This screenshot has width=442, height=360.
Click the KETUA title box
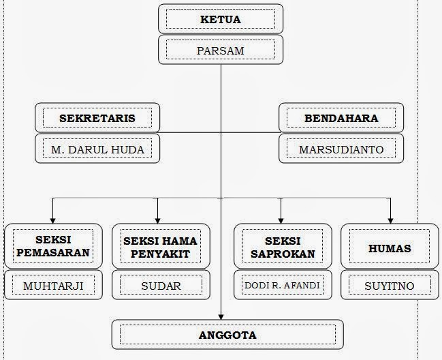click(x=220, y=20)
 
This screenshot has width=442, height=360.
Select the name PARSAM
click(x=220, y=50)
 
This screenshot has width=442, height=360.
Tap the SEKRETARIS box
click(x=97, y=118)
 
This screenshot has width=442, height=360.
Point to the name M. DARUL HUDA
click(x=97, y=149)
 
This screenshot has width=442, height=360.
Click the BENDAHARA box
click(x=341, y=118)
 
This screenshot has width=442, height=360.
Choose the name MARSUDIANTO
click(x=341, y=149)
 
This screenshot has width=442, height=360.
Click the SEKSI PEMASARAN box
click(x=53, y=247)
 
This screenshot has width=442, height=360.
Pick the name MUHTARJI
click(x=53, y=285)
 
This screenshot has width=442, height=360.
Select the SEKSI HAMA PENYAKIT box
click(x=160, y=247)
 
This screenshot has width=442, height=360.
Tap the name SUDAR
click(x=160, y=285)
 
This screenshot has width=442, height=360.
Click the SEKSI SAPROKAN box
click(x=283, y=247)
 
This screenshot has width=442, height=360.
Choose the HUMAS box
click(x=389, y=248)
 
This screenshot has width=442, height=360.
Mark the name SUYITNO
click(x=389, y=285)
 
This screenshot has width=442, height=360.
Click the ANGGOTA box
click(x=227, y=335)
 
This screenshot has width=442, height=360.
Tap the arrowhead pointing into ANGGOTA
click(x=221, y=316)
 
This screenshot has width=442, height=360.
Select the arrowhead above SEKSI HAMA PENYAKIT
click(x=157, y=219)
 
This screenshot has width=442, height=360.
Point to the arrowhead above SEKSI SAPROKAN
click(x=279, y=219)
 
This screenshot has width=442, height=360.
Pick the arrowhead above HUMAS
click(x=390, y=219)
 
